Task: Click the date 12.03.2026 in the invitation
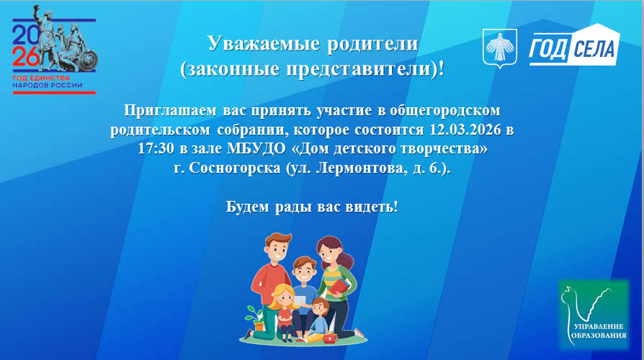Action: tap(465, 130)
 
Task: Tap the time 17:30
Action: tap(156, 148)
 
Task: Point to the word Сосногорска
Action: tap(235, 168)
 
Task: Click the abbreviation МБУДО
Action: tap(256, 148)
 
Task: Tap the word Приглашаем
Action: tap(171, 111)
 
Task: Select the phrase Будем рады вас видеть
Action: tap(312, 207)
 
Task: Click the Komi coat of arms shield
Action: tap(499, 48)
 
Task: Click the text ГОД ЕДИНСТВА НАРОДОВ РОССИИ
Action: tap(48, 81)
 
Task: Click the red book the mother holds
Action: tap(341, 286)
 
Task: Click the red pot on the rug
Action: tap(331, 338)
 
